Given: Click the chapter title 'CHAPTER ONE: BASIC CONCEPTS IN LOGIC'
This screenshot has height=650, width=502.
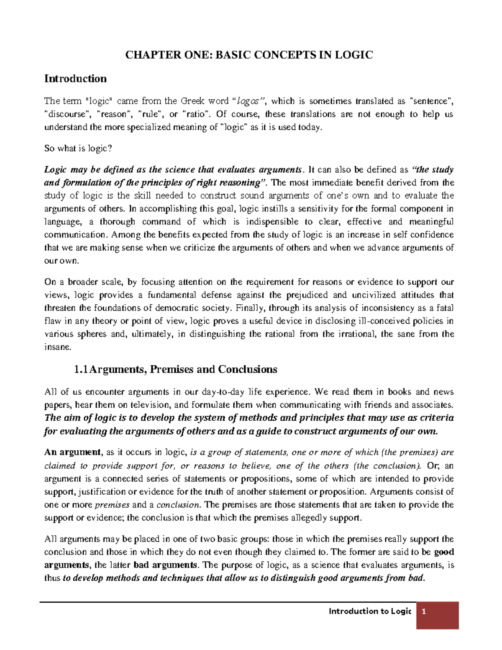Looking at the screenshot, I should (249, 55).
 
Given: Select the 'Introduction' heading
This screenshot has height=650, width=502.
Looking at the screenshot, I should (75, 79).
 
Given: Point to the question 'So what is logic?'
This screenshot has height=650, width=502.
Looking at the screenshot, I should (78, 148).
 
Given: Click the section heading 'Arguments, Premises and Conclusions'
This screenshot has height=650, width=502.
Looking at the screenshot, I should (183, 370).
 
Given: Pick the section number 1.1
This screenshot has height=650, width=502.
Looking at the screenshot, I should (81, 370).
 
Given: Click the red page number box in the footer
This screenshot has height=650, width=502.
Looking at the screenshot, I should (437, 615).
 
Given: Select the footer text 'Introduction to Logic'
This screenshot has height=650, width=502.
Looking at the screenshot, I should (370, 611).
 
